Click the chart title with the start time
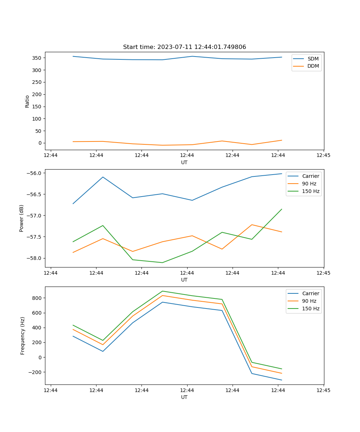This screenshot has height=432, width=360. (x=184, y=47)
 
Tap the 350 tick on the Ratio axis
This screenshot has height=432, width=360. (x=37, y=58)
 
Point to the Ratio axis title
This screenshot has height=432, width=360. (x=27, y=101)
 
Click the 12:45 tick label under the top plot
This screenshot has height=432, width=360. (x=323, y=156)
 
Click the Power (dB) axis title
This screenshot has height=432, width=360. (x=22, y=218)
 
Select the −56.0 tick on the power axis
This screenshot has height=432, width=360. (x=35, y=173)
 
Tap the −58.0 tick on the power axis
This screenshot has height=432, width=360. (x=35, y=258)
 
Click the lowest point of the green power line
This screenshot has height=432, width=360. (x=162, y=262)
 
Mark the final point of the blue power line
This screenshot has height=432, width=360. (x=282, y=174)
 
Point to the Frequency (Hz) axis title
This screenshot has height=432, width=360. (x=23, y=336)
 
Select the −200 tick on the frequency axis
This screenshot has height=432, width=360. (x=35, y=372)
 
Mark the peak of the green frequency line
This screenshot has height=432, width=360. (x=162, y=291)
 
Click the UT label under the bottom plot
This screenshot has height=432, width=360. (x=184, y=397)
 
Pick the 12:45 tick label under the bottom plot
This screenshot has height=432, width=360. (x=323, y=390)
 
